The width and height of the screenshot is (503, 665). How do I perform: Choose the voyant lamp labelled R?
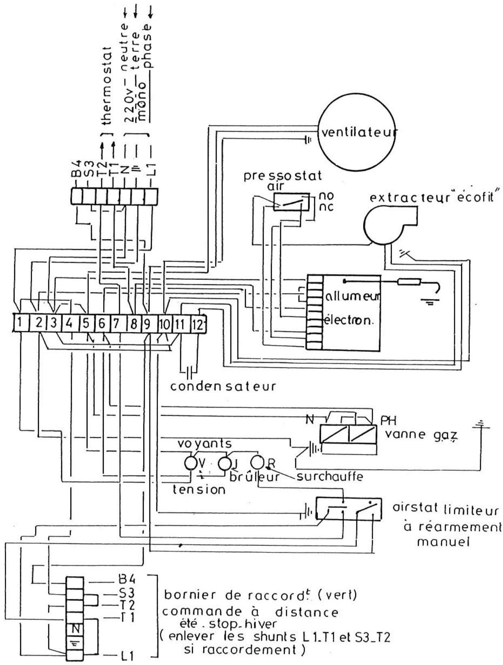tap(257, 462)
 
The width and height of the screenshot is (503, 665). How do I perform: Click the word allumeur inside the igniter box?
tap(351, 298)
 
